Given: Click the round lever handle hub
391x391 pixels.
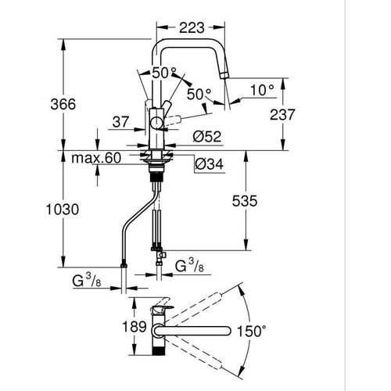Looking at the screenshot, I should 157,122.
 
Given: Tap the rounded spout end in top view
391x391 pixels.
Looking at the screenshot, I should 227,331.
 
